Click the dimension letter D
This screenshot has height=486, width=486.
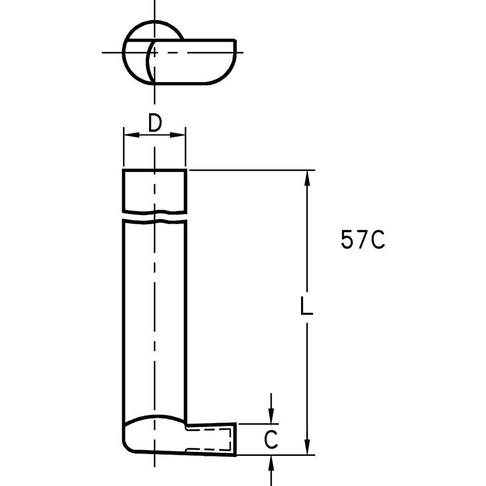click(x=155, y=122)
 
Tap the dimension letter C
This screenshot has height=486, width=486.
click(x=272, y=439)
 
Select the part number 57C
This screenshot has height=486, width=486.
click(x=363, y=240)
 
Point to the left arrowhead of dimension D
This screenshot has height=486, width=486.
click(x=128, y=135)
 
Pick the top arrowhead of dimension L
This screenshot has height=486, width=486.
click(x=307, y=176)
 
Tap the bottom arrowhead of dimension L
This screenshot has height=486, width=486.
click(x=307, y=448)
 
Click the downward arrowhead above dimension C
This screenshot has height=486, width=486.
click(x=272, y=418)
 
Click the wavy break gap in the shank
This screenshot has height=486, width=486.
click(x=155, y=216)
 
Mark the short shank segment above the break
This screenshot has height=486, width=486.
click(x=155, y=191)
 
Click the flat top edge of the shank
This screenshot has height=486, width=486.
click(x=155, y=170)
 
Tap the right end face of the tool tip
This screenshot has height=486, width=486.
click(x=236, y=439)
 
